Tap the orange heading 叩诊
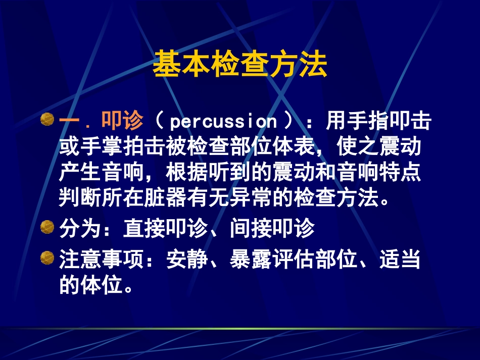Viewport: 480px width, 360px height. [x=123, y=121]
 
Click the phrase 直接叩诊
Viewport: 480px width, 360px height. [x=165, y=229]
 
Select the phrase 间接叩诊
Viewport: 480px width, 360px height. [x=272, y=229]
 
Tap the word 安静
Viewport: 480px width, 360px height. [x=187, y=261]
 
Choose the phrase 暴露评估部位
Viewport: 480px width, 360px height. [x=293, y=261]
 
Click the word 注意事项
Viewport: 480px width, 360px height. [x=102, y=261]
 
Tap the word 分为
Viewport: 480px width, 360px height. [x=80, y=229]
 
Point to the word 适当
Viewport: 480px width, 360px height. [x=400, y=261]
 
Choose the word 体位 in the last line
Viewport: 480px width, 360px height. [x=102, y=286]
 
